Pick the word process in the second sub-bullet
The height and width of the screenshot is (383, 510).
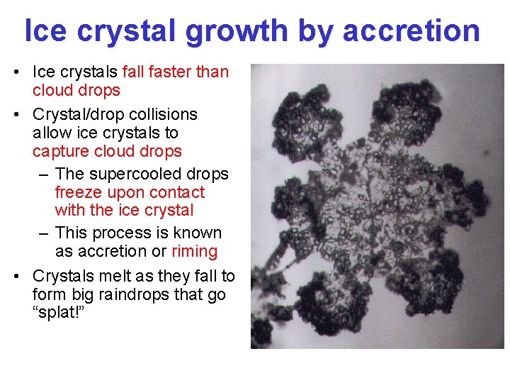122,233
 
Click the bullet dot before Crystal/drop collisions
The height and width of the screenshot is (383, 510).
23,115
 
